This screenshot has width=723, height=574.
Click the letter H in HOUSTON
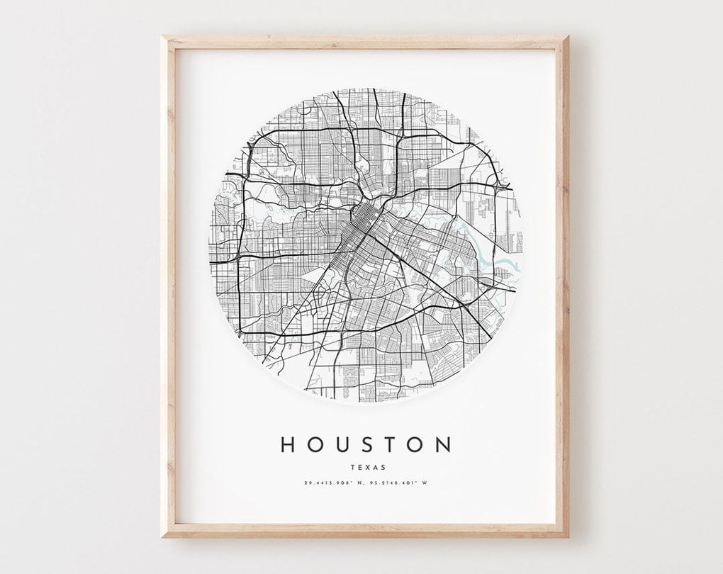(288, 444)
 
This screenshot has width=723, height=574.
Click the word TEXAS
(366, 467)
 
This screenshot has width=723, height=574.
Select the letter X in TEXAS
(366, 467)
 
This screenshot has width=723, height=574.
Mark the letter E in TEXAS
(359, 467)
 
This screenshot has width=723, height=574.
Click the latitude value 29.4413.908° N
(335, 484)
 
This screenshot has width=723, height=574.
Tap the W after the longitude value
(426, 484)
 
